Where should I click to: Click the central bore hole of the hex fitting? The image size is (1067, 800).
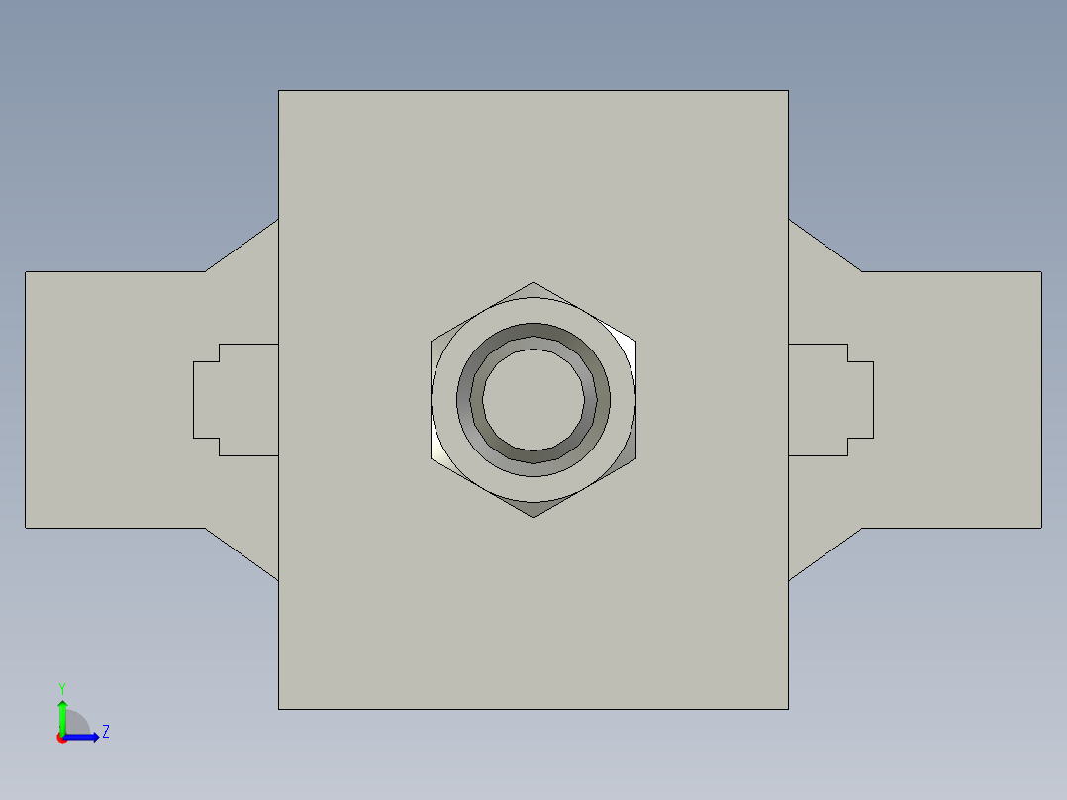[x=533, y=399]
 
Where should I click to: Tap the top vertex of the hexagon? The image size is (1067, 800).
[x=533, y=283]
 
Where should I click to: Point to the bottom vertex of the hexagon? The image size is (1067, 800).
[x=533, y=516]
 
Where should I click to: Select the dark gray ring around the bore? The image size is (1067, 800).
[x=533, y=332]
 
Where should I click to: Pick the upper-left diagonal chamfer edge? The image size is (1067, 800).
[x=242, y=245]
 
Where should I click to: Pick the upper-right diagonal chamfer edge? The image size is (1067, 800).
[x=824, y=245]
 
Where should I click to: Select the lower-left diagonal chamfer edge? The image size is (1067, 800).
[x=242, y=553]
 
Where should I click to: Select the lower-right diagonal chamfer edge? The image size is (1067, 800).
[x=824, y=553]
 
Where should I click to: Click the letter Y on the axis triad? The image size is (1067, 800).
[x=61, y=687]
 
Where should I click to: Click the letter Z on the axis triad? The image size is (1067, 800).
[x=105, y=732]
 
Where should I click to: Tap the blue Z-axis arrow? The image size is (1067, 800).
[x=84, y=737]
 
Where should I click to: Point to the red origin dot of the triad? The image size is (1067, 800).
[x=61, y=738]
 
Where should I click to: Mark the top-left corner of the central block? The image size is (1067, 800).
[x=279, y=91]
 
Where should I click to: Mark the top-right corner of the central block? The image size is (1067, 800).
[x=788, y=91]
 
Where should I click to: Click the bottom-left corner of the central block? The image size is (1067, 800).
[x=279, y=709]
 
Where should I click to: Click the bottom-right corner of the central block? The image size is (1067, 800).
[x=788, y=709]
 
